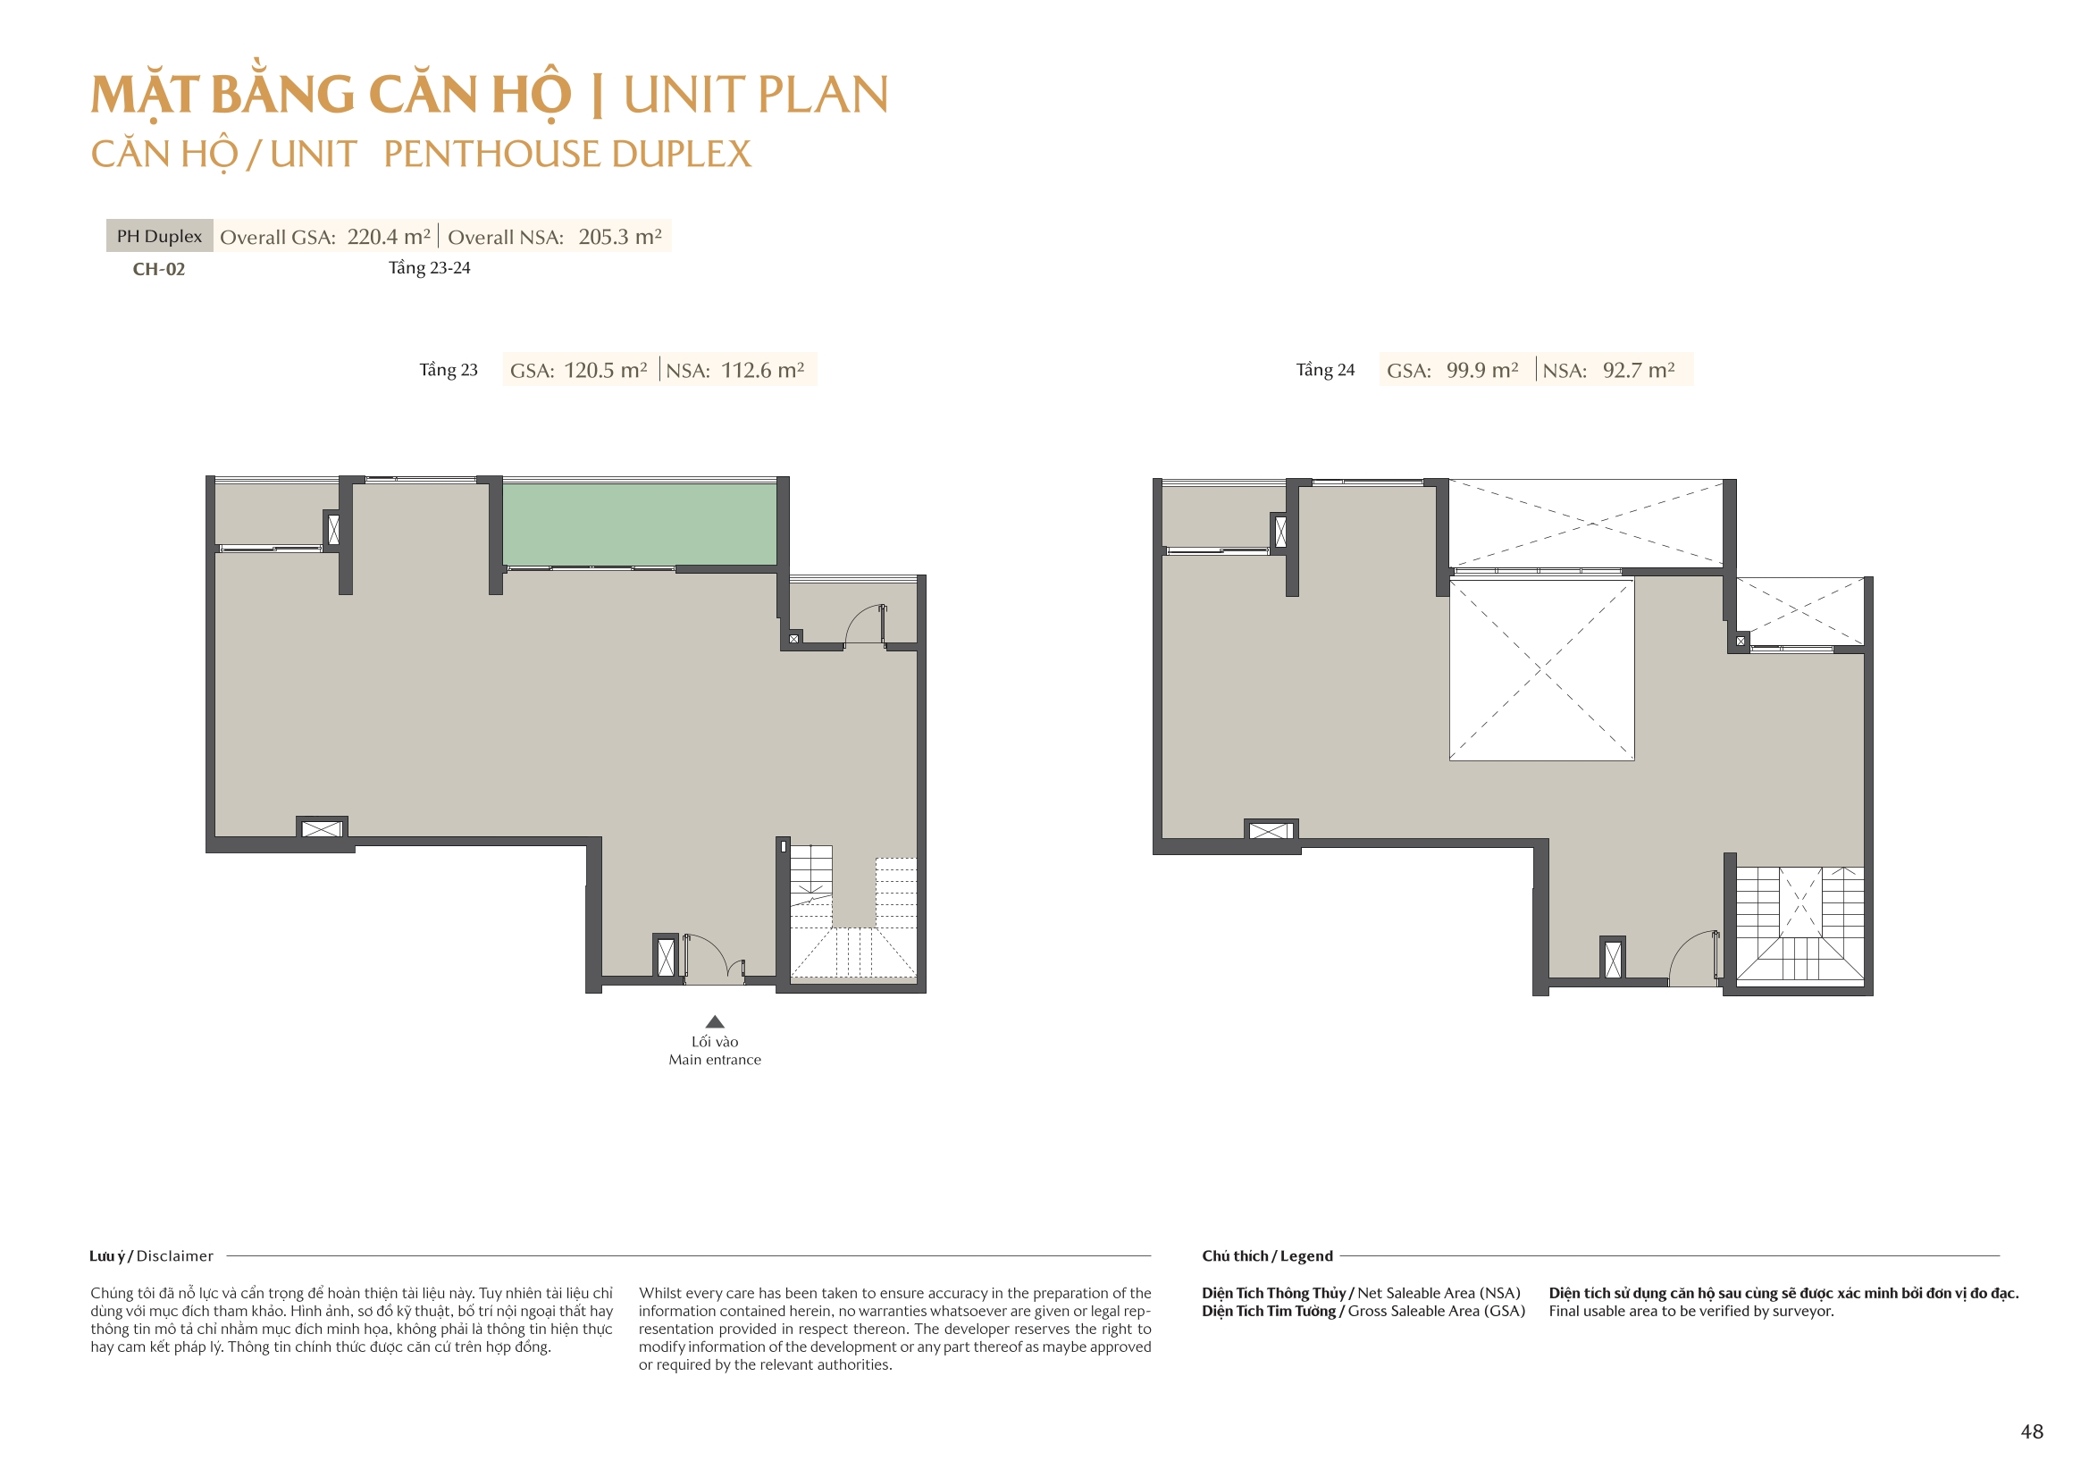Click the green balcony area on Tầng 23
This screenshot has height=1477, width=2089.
[640, 525]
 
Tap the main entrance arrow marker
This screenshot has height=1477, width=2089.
[715, 1021]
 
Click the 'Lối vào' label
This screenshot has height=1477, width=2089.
[715, 1042]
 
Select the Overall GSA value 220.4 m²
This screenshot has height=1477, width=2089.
[389, 237]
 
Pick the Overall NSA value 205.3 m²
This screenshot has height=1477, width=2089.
[620, 237]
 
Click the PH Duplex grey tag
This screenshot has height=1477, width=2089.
[159, 236]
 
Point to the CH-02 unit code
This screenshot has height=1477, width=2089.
[159, 269]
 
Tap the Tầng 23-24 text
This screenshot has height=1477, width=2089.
[430, 268]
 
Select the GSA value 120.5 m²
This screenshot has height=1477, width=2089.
[606, 371]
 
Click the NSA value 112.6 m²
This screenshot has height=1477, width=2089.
[763, 371]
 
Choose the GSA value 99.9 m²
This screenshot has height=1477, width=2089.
[1483, 371]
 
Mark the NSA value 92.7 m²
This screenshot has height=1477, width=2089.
[1640, 371]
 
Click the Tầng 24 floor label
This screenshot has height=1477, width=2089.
[1326, 371]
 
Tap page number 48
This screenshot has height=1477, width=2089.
[2033, 1431]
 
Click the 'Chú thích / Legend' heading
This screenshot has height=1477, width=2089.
[1267, 1256]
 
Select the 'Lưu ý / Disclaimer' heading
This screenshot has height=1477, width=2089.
[151, 1256]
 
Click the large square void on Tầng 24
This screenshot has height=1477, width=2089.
[1541, 669]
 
